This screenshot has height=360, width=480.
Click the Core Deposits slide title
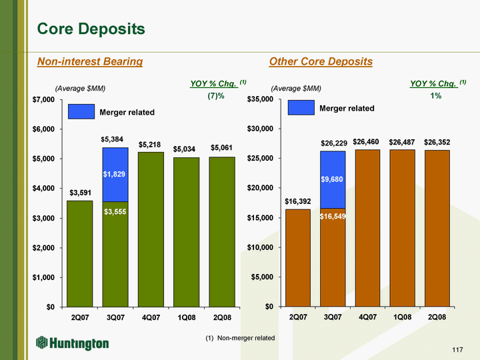click(x=91, y=29)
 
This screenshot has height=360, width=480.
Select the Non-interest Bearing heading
click(x=90, y=62)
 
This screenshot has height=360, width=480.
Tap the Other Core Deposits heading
click(x=321, y=62)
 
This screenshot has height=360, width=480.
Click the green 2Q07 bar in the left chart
click(x=80, y=253)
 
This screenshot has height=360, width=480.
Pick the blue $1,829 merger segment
click(x=115, y=174)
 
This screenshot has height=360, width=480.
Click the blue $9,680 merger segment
click(x=333, y=179)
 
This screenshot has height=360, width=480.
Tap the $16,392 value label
click(x=297, y=201)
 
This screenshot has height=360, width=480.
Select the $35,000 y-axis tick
click(x=259, y=100)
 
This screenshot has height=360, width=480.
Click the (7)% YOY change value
click(x=216, y=96)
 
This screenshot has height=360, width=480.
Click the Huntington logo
click(x=73, y=343)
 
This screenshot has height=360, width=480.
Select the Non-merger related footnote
click(x=240, y=338)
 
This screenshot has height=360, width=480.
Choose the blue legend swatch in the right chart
click(x=301, y=107)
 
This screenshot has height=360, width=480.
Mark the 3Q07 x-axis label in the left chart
click(x=115, y=317)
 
